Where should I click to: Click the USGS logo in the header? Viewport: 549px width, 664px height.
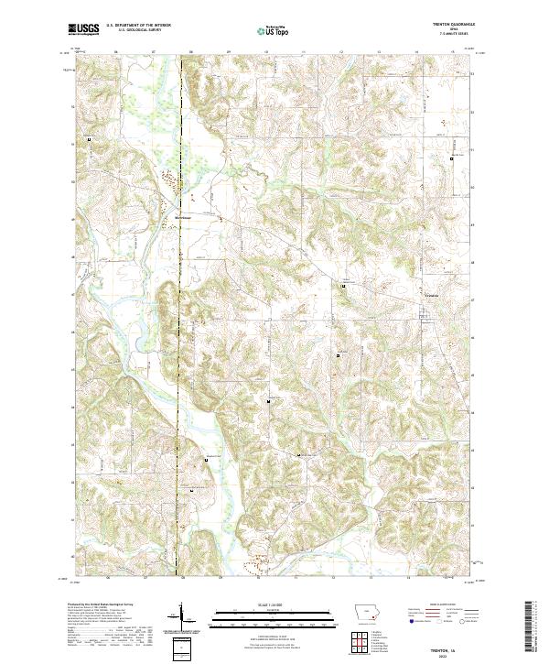[83, 29]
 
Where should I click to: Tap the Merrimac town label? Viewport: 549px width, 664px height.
[185, 217]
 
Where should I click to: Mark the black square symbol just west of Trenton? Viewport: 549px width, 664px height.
[343, 287]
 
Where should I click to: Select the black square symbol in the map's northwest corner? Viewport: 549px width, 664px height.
[89, 139]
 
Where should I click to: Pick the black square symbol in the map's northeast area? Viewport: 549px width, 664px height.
[451, 158]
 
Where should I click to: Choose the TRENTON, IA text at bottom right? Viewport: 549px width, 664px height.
[447, 648]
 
